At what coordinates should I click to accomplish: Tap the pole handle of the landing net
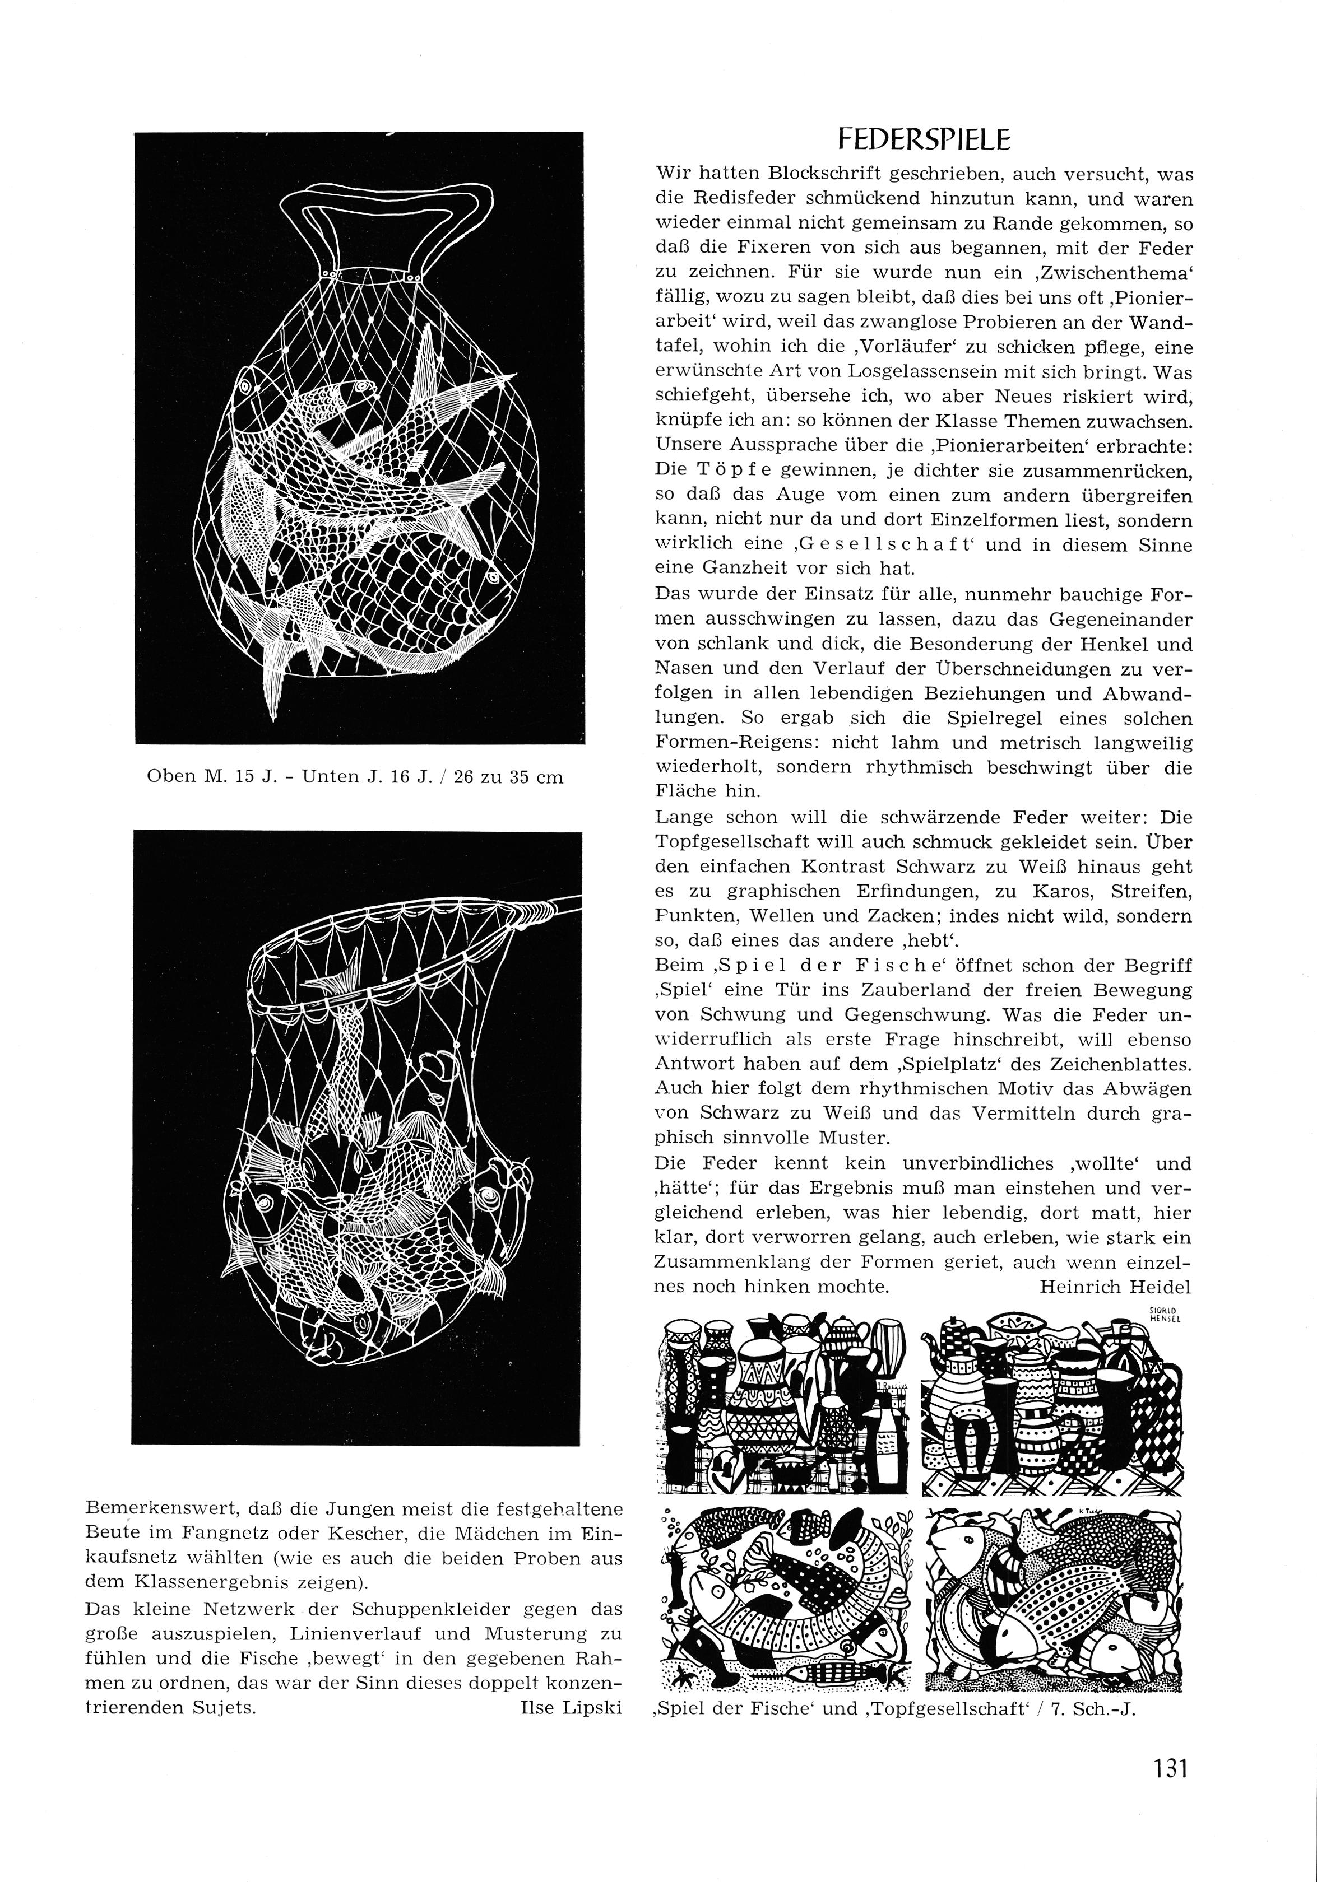coord(549,906)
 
